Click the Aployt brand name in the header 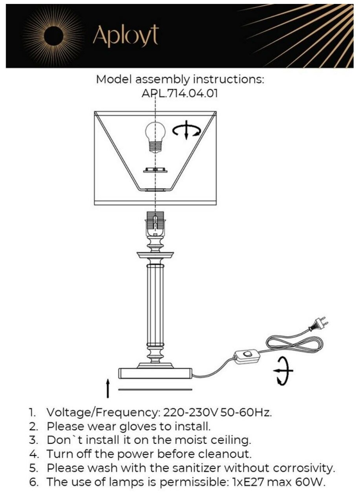tap(126, 37)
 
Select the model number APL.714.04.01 tap(179, 94)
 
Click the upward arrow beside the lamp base tap(108, 389)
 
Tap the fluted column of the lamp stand tap(155, 302)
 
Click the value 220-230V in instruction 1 tap(190, 413)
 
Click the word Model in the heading tap(114, 79)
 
